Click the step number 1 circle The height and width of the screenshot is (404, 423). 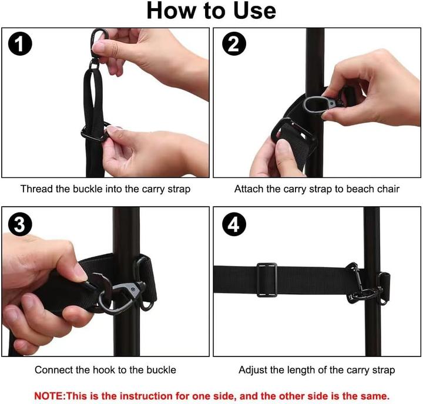click(x=20, y=43)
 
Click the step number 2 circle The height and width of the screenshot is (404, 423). click(x=234, y=43)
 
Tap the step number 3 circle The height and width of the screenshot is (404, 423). click(x=20, y=224)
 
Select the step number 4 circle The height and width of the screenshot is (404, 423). click(x=234, y=224)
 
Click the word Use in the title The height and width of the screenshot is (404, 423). click(x=254, y=11)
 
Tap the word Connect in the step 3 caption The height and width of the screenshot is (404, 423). click(x=53, y=370)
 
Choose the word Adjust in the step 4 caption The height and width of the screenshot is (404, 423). click(x=253, y=370)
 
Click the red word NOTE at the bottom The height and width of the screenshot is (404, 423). click(x=49, y=396)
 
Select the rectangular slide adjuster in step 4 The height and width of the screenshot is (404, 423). click(x=267, y=280)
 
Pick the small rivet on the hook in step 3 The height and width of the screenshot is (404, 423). click(x=133, y=289)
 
